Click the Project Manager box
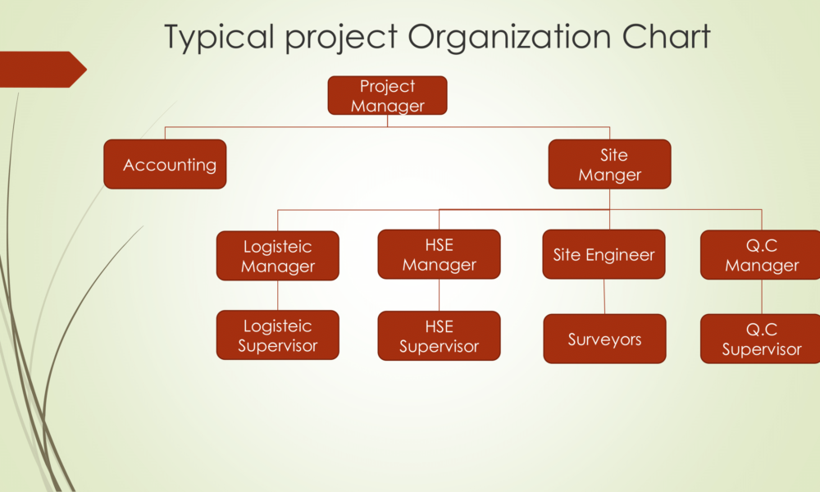point(388,95)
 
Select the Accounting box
point(166,164)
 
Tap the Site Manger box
point(610,164)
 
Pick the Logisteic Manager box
point(278,256)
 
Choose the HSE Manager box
point(440,254)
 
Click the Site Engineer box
point(604,254)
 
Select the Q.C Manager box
point(760,255)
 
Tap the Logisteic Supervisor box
point(278,335)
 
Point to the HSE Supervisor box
point(440,335)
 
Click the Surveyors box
point(604,339)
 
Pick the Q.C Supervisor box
point(760,339)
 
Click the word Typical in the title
point(220,38)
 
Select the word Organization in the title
point(509,38)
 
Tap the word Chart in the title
point(666,37)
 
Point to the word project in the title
point(341,39)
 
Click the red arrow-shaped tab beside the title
point(42,69)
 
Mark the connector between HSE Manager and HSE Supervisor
point(440,295)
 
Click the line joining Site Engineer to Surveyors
point(604,297)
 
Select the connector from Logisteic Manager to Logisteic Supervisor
point(278,295)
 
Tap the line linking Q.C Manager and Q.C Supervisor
point(762,297)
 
